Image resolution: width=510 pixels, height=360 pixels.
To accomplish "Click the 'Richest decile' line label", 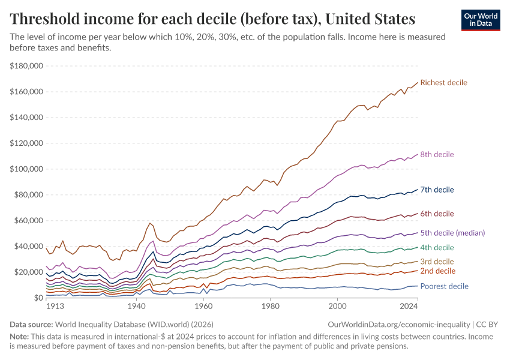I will coord(443,82).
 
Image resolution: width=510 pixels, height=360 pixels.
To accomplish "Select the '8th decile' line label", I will coord(437,155).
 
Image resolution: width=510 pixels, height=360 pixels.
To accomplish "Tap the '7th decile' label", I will coord(437,190).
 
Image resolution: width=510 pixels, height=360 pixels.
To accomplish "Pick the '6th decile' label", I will coord(437,214).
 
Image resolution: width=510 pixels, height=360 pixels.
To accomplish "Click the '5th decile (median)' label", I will coord(452,233).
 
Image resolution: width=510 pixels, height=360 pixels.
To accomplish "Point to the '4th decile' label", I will coord(437,247).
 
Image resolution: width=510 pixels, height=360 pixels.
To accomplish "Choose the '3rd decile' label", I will coord(437,262).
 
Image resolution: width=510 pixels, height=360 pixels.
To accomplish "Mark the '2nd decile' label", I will coord(437,271).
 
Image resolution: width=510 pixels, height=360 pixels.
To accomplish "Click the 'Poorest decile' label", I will coord(445,286).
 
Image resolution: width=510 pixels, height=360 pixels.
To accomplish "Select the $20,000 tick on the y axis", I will coord(29,272).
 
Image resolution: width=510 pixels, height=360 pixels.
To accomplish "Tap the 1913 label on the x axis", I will coord(55,306).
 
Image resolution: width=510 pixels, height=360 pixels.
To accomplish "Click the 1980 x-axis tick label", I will coord(271,306).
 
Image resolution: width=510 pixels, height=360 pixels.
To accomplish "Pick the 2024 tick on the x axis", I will coord(408,306).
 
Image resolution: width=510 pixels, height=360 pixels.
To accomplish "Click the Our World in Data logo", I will coord(481,20).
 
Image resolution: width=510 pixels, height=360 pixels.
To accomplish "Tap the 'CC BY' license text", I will coord(489,324).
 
